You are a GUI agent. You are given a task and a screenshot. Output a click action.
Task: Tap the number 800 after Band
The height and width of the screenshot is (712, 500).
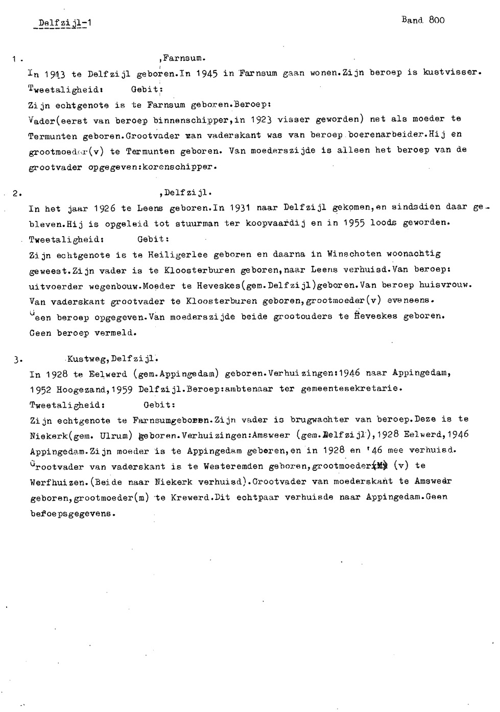click(x=437, y=20)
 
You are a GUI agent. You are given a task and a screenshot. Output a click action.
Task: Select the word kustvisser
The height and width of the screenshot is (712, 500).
click(x=452, y=73)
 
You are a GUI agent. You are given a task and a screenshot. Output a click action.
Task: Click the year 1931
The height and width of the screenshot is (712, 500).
click(x=237, y=207)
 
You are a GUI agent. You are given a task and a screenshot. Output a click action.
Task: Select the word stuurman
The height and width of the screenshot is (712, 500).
click(x=196, y=223)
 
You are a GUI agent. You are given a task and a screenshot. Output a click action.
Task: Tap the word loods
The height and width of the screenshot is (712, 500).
click(x=384, y=223)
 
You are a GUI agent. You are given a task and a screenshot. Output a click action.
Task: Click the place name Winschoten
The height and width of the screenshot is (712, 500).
click(x=355, y=254)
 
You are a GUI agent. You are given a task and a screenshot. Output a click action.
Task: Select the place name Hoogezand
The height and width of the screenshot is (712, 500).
click(x=78, y=389)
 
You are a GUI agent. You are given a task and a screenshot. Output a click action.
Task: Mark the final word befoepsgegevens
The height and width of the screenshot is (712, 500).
click(x=70, y=513)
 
